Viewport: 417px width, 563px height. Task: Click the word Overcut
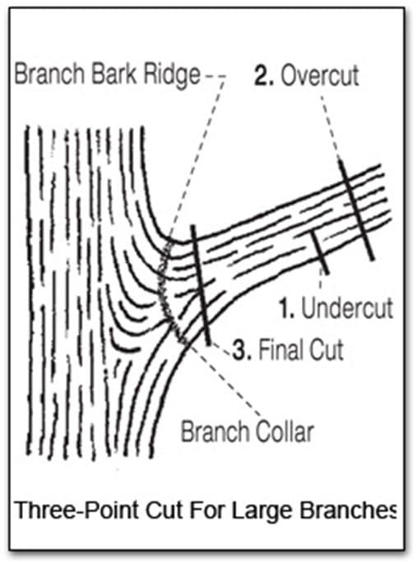[x=320, y=76]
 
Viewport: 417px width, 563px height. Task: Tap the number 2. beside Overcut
[x=264, y=76]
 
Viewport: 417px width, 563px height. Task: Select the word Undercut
[x=347, y=308]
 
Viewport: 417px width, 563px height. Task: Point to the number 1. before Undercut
[x=287, y=308]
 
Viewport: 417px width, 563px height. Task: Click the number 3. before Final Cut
[x=241, y=350]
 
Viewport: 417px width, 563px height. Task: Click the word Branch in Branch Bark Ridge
[x=49, y=74]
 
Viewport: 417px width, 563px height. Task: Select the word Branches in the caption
[x=349, y=510]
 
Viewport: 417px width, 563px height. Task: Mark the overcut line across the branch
[x=357, y=210]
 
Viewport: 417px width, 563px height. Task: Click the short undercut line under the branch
[x=320, y=253]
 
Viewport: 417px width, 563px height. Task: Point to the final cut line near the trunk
[x=201, y=284]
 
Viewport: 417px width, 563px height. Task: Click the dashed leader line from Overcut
[x=331, y=127]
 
